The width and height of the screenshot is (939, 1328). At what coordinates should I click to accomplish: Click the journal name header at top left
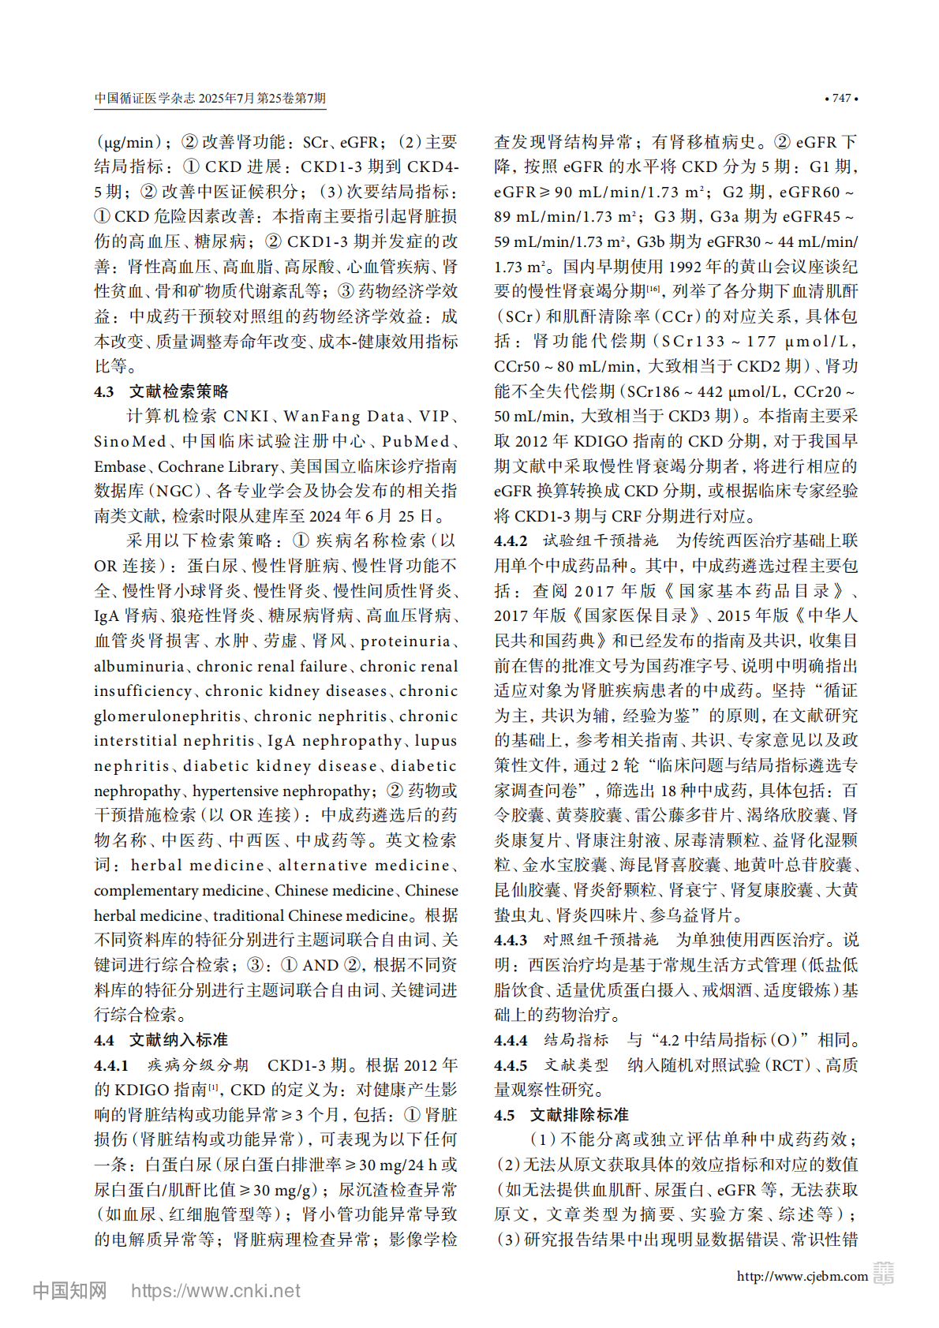[x=210, y=99]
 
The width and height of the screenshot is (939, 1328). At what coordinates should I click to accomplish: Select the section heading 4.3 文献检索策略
[x=161, y=391]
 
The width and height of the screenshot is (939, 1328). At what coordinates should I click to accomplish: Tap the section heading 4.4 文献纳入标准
[x=161, y=1040]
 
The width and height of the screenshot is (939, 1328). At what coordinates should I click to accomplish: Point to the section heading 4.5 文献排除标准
[x=561, y=1115]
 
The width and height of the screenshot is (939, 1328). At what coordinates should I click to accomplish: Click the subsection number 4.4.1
[x=111, y=1065]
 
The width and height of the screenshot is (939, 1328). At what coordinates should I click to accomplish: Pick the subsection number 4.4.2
[x=511, y=541]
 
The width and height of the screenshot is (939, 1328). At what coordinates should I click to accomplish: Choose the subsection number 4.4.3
[x=511, y=941]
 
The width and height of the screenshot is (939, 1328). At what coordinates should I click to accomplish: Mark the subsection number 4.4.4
[x=511, y=1041]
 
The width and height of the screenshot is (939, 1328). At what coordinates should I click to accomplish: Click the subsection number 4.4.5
[x=511, y=1065]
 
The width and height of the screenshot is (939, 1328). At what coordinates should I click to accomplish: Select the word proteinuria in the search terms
[x=405, y=642]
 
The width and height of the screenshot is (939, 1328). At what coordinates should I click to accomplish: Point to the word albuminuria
[x=139, y=667]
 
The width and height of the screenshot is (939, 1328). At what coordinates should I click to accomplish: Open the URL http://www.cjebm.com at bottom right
[x=802, y=1276]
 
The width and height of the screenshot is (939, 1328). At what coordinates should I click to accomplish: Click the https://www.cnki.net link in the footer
[x=215, y=1291]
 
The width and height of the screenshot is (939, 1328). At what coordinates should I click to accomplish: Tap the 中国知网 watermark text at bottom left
[x=69, y=1291]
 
